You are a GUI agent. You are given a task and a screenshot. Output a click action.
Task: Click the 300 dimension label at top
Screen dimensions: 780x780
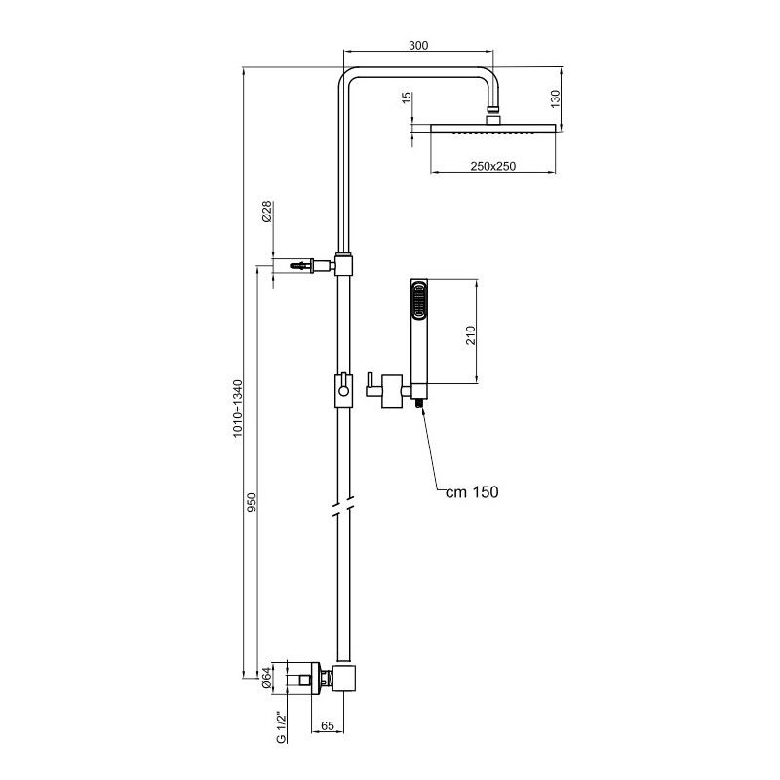(x=418, y=45)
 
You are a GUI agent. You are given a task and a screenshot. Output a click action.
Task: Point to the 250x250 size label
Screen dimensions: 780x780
(x=492, y=167)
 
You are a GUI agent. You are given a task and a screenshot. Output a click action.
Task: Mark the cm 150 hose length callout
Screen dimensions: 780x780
(x=472, y=492)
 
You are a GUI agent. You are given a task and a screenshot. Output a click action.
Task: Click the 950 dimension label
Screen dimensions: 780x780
(x=252, y=503)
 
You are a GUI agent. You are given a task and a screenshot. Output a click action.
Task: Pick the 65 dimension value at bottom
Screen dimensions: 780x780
(x=327, y=725)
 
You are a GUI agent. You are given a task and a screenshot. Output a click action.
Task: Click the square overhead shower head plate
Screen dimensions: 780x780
(x=492, y=129)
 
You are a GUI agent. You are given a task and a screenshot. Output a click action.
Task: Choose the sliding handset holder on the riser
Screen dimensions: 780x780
(x=342, y=389)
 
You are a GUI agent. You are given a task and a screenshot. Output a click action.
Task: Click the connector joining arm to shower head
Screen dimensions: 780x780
(x=495, y=113)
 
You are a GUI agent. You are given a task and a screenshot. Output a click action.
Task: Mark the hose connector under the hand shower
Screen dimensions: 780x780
(x=419, y=400)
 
